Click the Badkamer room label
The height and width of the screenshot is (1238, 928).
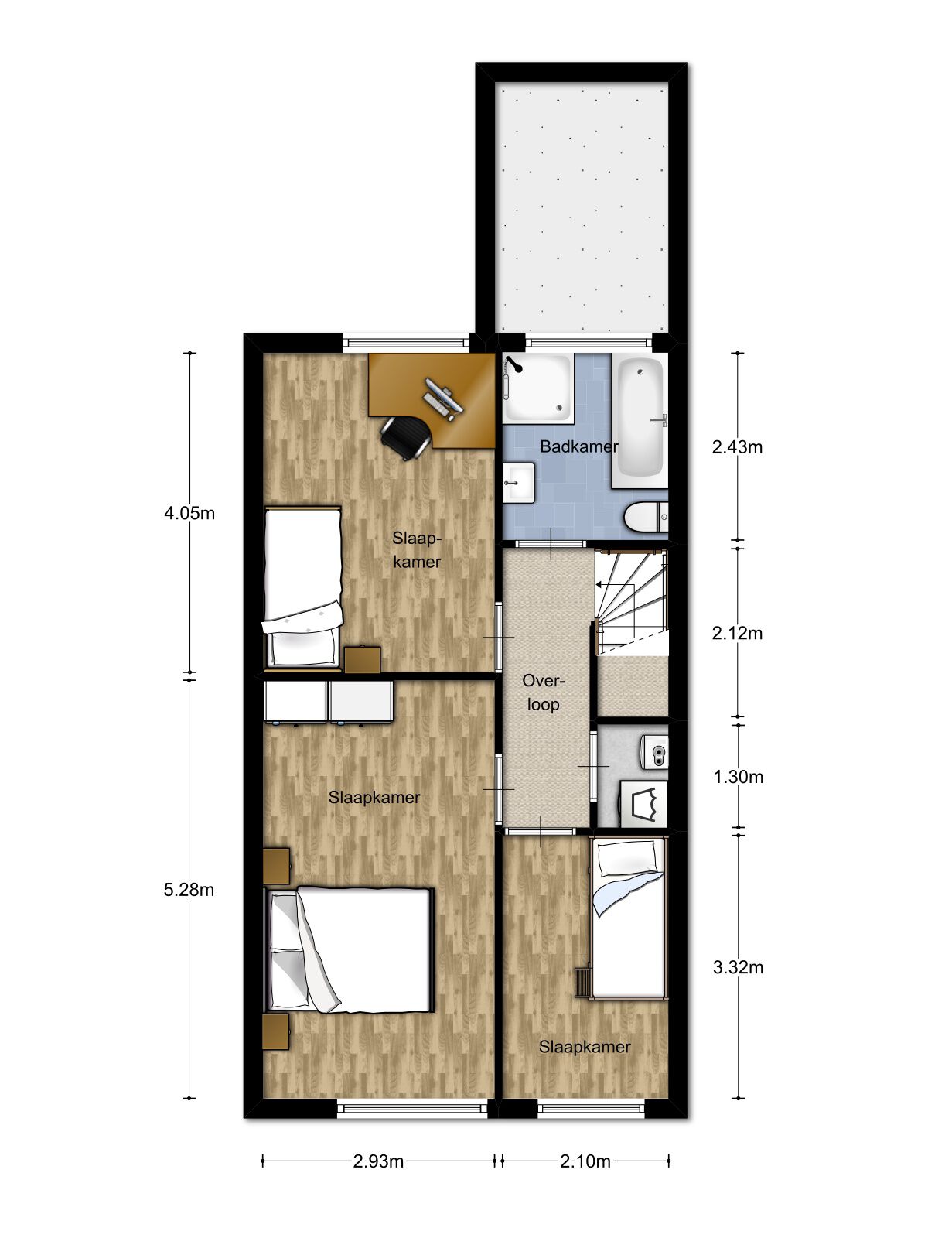[x=578, y=447]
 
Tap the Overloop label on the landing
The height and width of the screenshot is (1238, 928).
[x=543, y=692]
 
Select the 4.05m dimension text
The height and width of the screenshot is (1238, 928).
[x=189, y=513]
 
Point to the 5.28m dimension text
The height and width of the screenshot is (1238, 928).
[x=189, y=890]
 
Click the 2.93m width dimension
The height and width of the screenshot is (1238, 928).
[x=378, y=1161]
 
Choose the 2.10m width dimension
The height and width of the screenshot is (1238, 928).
[x=585, y=1161]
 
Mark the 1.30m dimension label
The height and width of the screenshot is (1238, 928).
[x=738, y=777]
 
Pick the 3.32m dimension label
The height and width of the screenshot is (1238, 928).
[x=738, y=968]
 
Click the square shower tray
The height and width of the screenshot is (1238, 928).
[x=537, y=388]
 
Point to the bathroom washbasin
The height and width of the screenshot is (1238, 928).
[x=518, y=483]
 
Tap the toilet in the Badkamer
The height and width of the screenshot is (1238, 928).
[x=647, y=518]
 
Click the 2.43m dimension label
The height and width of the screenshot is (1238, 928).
[x=738, y=447]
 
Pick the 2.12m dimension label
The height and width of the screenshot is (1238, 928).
[x=738, y=634]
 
